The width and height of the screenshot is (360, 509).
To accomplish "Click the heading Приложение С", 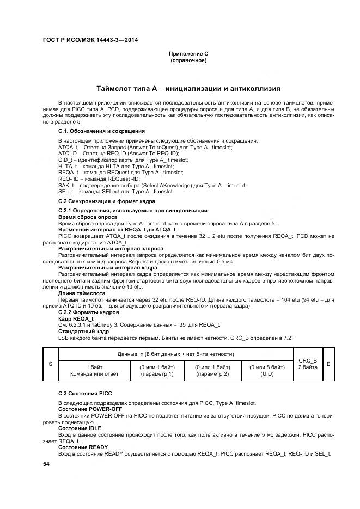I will (x=188, y=53).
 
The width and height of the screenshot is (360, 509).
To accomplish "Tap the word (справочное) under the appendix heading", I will (x=188, y=60).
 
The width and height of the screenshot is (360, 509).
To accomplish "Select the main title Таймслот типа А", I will (x=188, y=88).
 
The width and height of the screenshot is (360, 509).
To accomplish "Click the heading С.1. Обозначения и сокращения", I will (x=101, y=131).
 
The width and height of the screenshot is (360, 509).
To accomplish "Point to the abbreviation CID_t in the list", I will (x=65, y=160).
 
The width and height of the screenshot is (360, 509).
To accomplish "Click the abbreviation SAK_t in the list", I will (x=65, y=185).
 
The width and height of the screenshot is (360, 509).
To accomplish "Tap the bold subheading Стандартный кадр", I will (x=83, y=331).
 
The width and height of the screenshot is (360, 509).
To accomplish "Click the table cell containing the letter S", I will (x=50, y=363).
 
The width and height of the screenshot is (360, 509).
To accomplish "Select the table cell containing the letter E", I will (x=328, y=363).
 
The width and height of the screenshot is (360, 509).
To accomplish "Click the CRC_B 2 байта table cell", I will (x=308, y=363).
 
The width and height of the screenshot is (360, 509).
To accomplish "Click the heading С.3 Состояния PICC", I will (x=84, y=393).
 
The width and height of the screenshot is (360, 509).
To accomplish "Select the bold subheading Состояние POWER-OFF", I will (x=90, y=409).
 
